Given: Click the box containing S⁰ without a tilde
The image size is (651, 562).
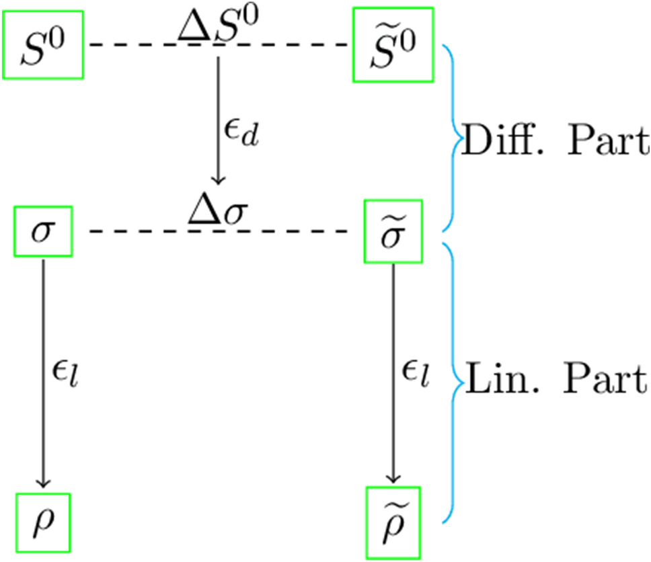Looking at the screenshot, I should tap(43, 44).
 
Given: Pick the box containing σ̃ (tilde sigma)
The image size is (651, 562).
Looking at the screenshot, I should tap(393, 231).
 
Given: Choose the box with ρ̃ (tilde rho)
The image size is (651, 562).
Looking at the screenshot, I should tap(393, 522).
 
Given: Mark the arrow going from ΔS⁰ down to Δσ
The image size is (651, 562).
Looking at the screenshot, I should tap(217, 118).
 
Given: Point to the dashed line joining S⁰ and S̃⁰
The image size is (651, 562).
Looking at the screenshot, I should tap(135, 44).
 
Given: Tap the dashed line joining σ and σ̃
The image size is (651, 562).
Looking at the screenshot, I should tap(135, 231).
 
